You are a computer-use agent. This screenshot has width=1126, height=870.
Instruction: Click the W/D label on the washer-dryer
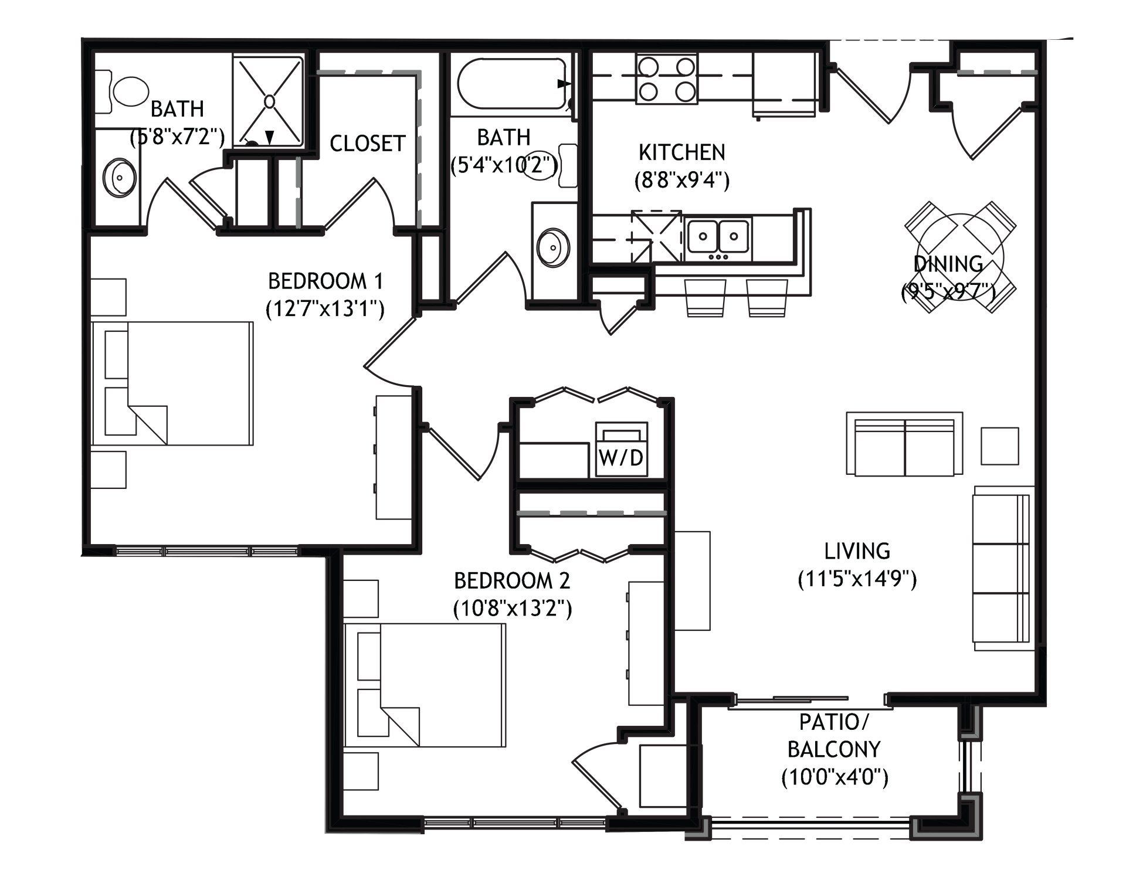click(x=621, y=458)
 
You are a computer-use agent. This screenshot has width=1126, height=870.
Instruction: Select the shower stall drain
click(x=269, y=101)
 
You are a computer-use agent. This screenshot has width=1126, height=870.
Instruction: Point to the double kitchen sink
click(x=718, y=235)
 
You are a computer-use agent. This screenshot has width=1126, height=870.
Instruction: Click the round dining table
click(x=960, y=256)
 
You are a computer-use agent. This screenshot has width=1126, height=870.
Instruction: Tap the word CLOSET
click(x=368, y=143)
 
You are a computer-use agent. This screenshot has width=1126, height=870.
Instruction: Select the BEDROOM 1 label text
click(x=325, y=281)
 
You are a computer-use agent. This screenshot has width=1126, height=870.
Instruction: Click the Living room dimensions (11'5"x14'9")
click(x=857, y=580)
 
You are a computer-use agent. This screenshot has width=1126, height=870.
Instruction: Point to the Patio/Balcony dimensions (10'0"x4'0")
click(x=835, y=778)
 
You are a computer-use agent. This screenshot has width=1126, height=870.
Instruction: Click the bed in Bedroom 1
click(x=172, y=383)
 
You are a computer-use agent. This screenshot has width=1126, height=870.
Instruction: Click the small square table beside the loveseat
click(x=1000, y=446)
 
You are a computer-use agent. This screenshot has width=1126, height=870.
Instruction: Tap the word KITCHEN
click(x=682, y=152)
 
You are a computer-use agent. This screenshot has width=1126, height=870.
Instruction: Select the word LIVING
click(x=857, y=551)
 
